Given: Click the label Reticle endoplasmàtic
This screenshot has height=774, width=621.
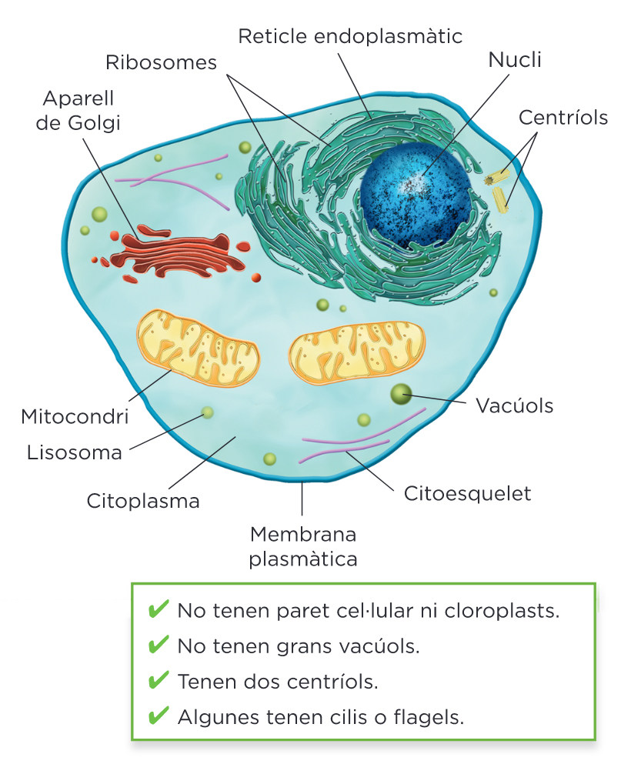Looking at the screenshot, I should pyautogui.click(x=350, y=36).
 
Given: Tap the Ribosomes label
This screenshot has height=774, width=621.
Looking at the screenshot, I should pyautogui.click(x=162, y=62).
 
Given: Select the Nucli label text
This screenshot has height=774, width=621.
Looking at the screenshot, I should pyautogui.click(x=515, y=61).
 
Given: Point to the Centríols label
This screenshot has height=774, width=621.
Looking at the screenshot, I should pyautogui.click(x=563, y=118).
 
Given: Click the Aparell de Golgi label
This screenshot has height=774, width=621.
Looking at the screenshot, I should pyautogui.click(x=78, y=111).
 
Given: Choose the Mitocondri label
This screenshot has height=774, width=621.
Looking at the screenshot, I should pyautogui.click(x=75, y=417).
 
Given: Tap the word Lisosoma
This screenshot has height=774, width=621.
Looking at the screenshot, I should pyautogui.click(x=75, y=452).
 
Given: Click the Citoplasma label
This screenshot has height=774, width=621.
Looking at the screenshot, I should pyautogui.click(x=143, y=501).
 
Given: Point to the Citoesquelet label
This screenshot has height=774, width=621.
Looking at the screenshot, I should pyautogui.click(x=468, y=493).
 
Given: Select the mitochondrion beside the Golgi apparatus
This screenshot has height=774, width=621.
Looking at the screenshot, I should pyautogui.click(x=198, y=348).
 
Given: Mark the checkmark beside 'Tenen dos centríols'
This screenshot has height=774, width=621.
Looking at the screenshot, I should pyautogui.click(x=158, y=681).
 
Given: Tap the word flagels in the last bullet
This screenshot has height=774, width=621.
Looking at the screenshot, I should pyautogui.click(x=431, y=717).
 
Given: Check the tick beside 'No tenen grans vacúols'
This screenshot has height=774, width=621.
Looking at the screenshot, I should pyautogui.click(x=158, y=646).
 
